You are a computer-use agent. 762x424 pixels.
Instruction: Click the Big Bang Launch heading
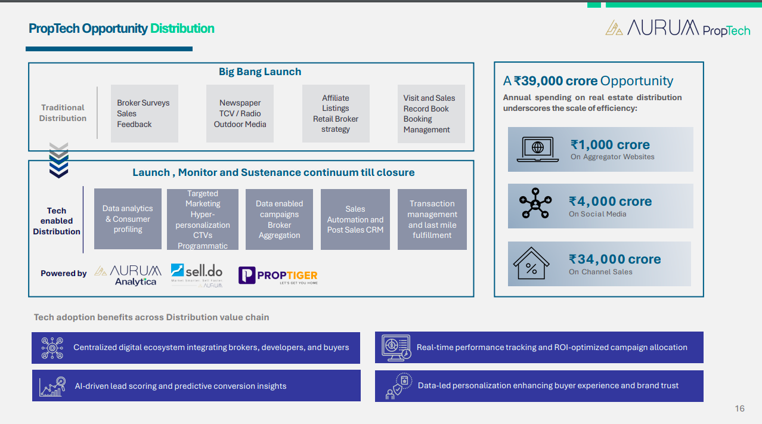(260, 72)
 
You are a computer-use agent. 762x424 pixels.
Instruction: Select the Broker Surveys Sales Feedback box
(144, 113)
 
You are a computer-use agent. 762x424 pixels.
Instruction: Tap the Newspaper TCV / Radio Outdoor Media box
(240, 113)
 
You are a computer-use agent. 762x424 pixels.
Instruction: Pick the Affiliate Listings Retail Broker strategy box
(336, 113)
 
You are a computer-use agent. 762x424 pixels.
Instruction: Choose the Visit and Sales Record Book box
(431, 113)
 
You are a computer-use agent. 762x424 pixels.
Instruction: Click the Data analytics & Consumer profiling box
(128, 219)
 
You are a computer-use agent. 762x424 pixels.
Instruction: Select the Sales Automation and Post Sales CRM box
(355, 219)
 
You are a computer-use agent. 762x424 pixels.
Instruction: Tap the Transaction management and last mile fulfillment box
(432, 219)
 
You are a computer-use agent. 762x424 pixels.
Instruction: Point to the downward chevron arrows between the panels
(59, 159)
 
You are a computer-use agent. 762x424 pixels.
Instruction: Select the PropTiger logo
(278, 275)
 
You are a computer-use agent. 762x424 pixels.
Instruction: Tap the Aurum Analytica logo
(128, 275)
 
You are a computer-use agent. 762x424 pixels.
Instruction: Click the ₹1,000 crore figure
(610, 145)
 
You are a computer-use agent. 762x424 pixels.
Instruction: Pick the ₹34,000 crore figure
(615, 259)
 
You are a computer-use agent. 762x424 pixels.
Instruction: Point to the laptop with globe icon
(538, 149)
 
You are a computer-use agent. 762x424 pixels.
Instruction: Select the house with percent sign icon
(531, 264)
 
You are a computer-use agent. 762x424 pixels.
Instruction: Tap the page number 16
(739, 408)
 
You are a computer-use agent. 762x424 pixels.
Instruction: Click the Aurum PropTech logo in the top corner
(677, 28)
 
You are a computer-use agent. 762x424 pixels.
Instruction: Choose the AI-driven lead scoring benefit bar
(196, 386)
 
